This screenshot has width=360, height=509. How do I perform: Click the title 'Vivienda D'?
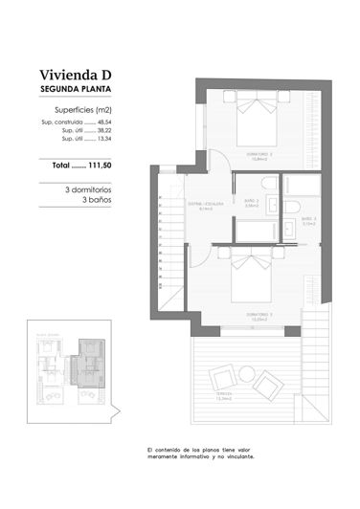coord(78,75)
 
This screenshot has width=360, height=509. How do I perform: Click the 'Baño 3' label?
coord(307,219)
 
